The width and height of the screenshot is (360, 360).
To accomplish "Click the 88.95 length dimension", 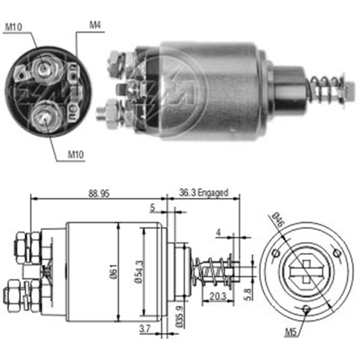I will (x=98, y=194).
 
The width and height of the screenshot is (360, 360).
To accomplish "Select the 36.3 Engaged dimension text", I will (x=204, y=193).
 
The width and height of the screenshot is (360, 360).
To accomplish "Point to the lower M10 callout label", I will (x=76, y=155).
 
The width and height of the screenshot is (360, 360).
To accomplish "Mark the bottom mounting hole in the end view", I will (x=306, y=309).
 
